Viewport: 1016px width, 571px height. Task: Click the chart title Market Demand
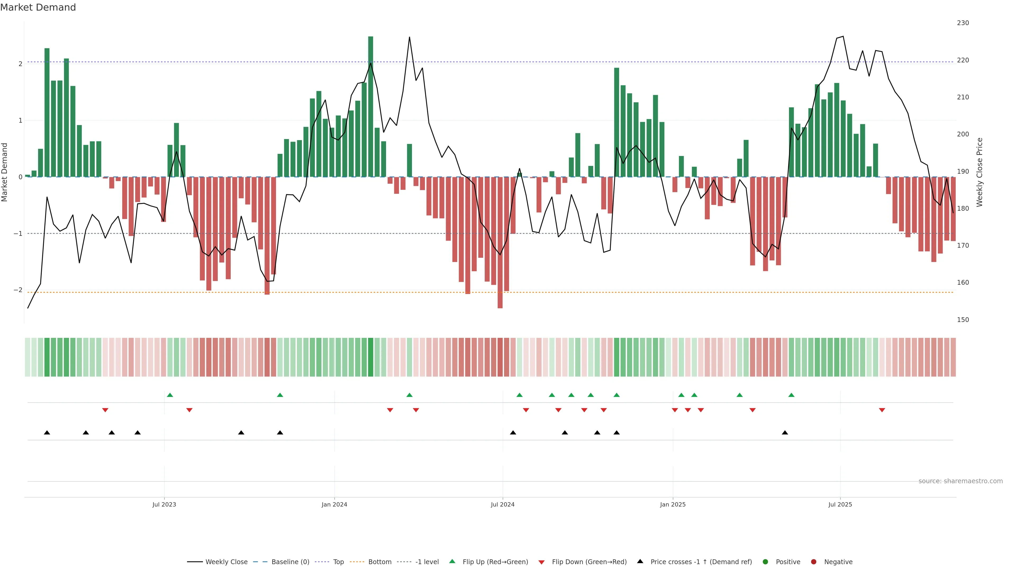[x=38, y=7]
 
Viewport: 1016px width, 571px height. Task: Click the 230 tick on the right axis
[x=963, y=23]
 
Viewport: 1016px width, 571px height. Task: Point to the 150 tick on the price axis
[x=963, y=320]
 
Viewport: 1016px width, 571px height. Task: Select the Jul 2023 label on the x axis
[x=164, y=504]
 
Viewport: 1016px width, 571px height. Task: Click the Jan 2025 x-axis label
[x=673, y=504]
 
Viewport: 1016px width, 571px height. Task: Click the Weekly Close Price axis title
[x=980, y=172]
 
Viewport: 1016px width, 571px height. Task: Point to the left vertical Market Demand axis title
[x=5, y=172]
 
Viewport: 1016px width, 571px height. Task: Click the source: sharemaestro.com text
[x=960, y=481]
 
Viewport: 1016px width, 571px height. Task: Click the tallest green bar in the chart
[x=370, y=106]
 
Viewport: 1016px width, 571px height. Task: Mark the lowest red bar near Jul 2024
[x=500, y=242]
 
